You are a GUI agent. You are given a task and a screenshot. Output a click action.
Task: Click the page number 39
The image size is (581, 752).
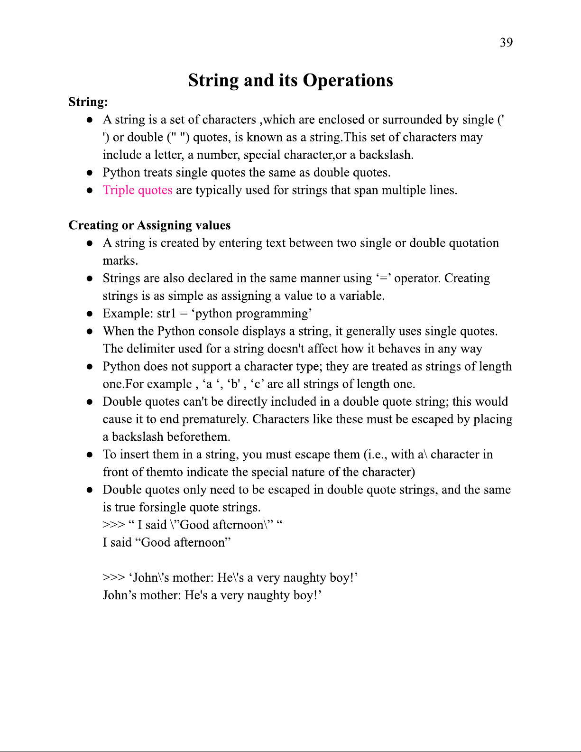click(506, 43)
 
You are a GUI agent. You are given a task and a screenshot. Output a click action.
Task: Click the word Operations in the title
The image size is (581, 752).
click(348, 81)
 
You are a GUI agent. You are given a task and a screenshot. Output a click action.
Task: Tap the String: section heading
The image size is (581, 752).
click(88, 102)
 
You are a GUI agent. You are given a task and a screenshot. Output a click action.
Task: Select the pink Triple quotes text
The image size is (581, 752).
click(138, 190)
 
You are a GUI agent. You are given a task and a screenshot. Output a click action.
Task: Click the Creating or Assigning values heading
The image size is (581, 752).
click(149, 225)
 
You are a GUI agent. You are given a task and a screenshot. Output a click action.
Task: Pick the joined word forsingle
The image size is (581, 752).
click(162, 507)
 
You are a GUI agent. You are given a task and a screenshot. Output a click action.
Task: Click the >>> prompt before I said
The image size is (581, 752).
click(113, 525)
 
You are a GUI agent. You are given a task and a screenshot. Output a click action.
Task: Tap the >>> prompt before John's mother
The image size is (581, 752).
click(113, 578)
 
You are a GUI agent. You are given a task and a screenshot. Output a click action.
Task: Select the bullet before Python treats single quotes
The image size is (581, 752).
click(89, 173)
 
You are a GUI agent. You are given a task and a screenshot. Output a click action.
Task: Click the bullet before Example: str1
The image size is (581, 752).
click(89, 314)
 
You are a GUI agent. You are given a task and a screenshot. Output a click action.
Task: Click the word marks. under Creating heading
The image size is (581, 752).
click(120, 261)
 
